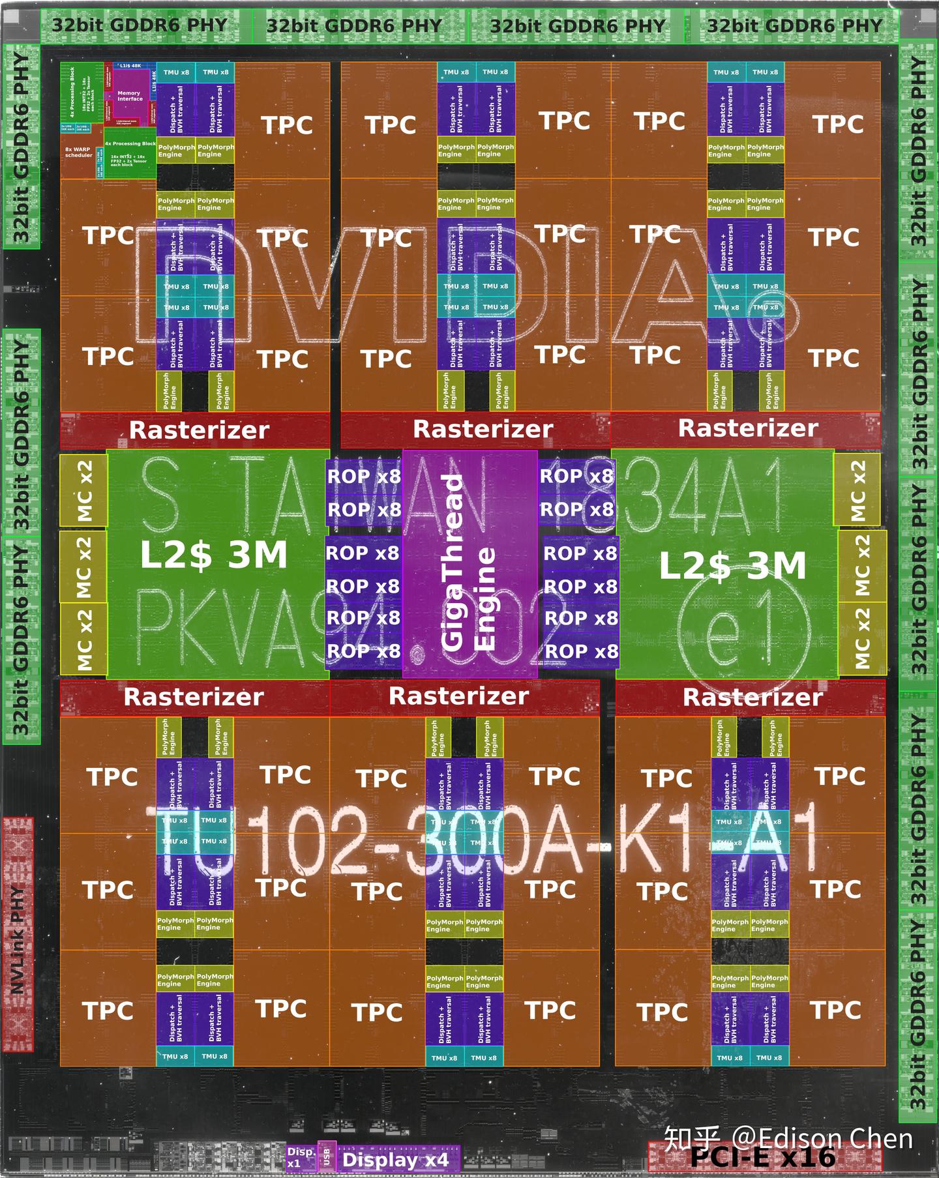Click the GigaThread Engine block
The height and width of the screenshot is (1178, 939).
point(469,564)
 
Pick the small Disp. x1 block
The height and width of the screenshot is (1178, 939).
point(301,1158)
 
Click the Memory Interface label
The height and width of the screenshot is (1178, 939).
point(129,96)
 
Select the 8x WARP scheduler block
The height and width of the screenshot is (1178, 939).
point(78,153)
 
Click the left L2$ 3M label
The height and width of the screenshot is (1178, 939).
point(214,555)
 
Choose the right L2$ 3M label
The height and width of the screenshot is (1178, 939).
point(732,566)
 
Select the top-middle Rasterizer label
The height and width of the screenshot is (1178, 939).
point(483,430)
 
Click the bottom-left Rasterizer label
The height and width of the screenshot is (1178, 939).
point(194,697)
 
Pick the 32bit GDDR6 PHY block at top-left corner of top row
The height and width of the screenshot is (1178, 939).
point(140,26)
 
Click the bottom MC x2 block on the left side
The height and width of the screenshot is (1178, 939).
point(83,639)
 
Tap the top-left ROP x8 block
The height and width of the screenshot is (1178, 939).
point(364,477)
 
